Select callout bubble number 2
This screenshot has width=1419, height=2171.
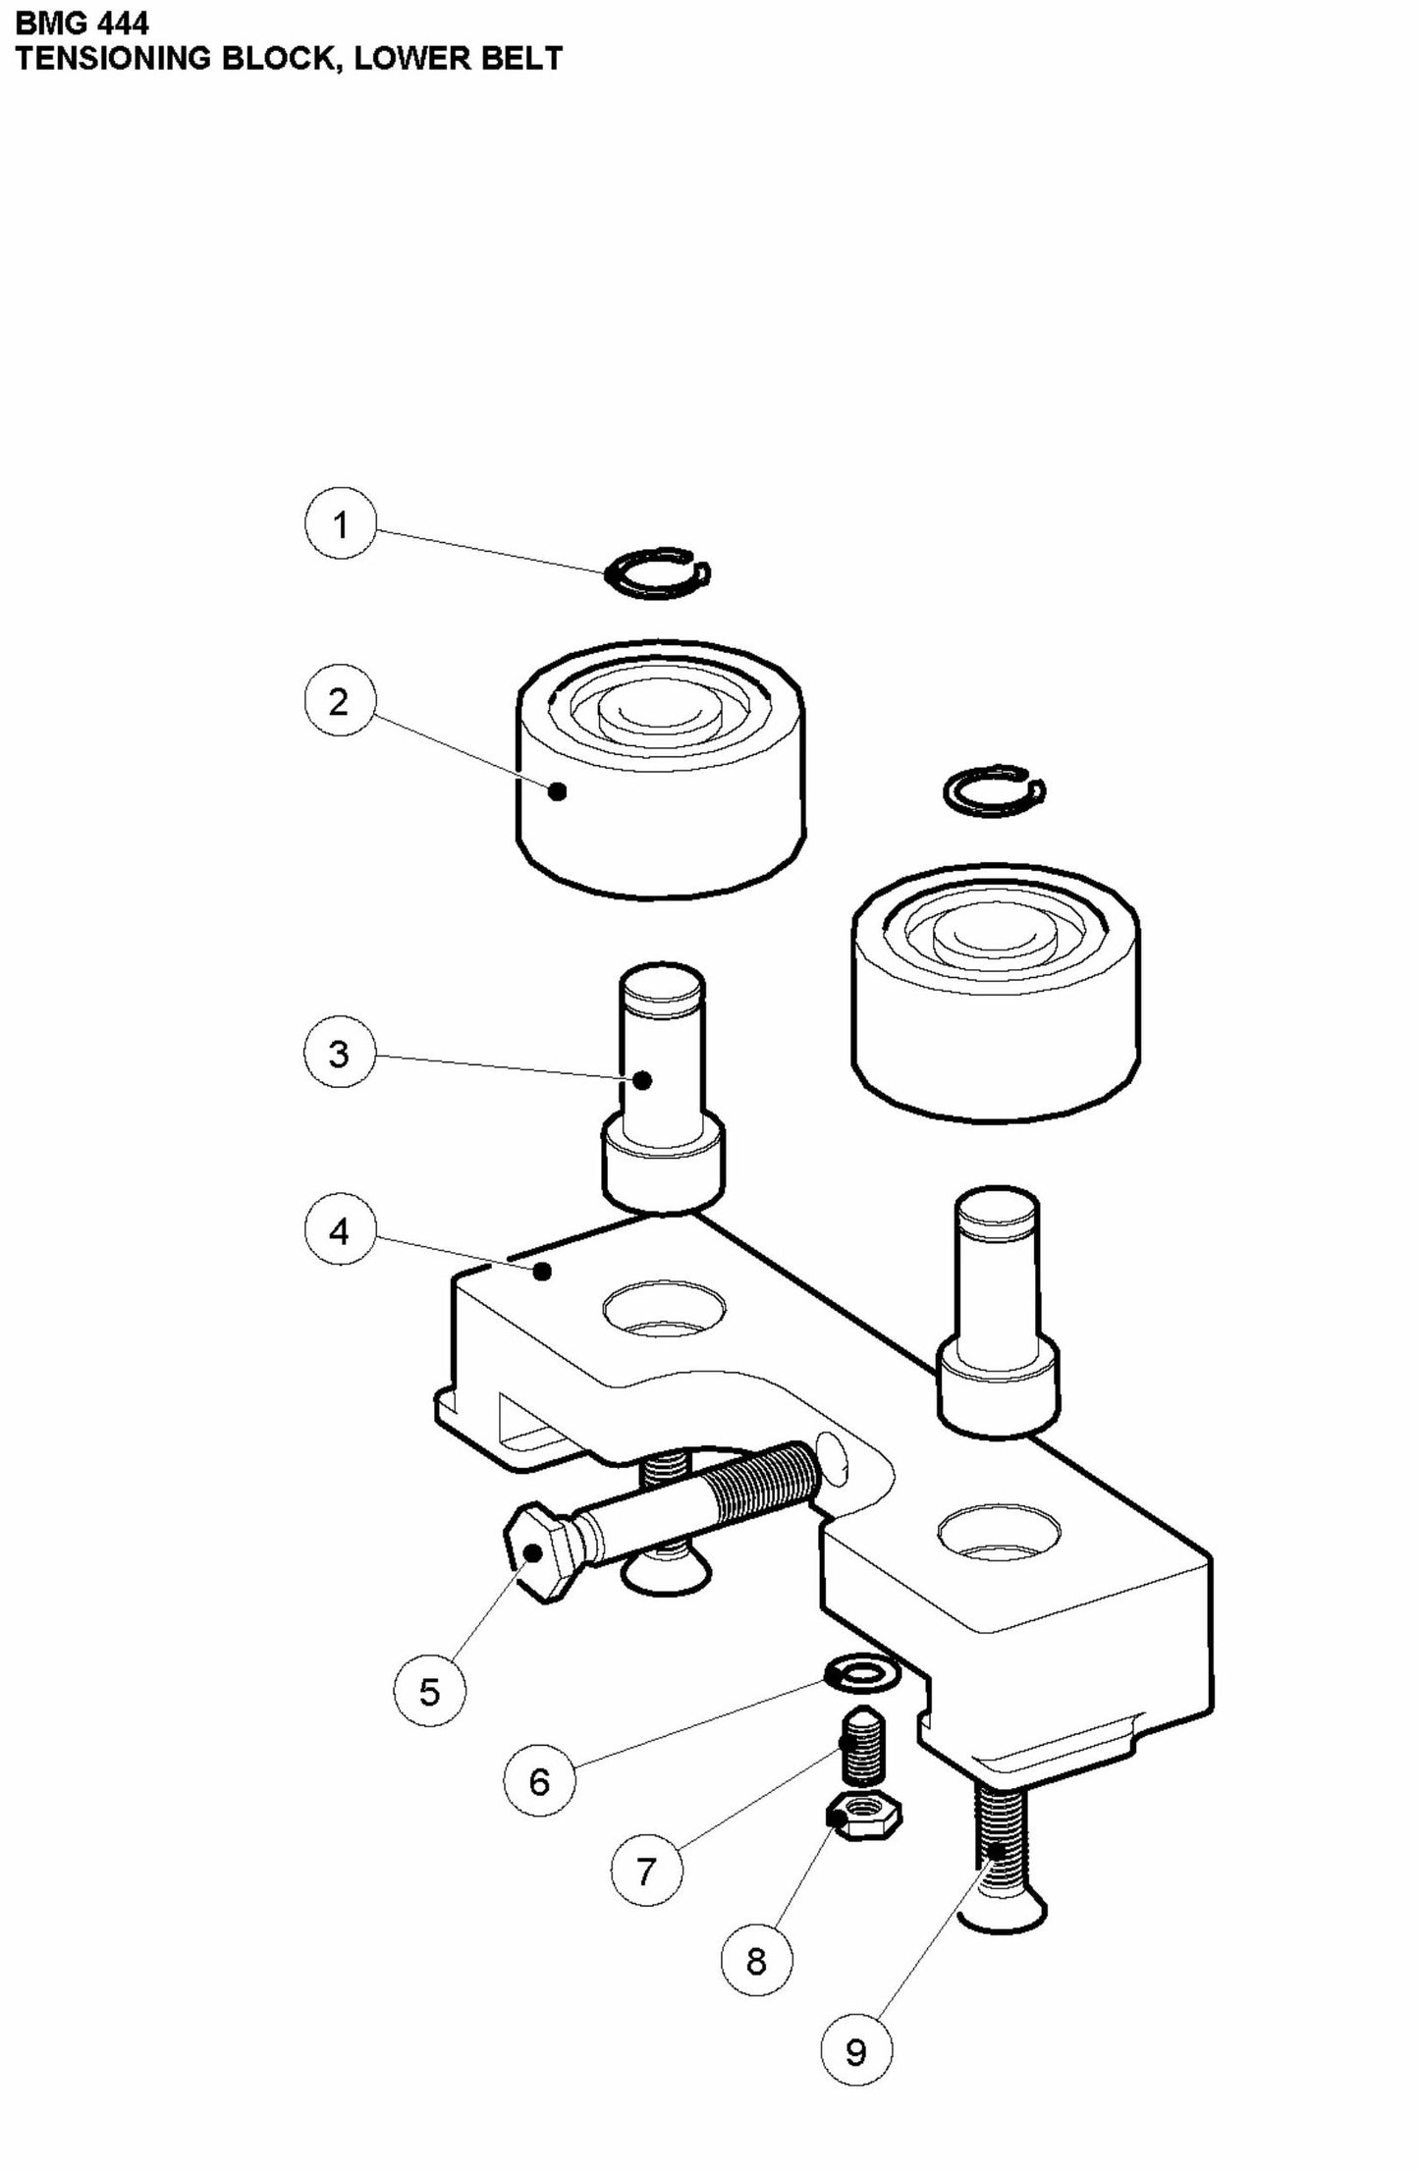tap(339, 701)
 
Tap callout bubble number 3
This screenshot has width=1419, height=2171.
tap(339, 1054)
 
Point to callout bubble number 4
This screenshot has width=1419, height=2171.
tap(340, 1229)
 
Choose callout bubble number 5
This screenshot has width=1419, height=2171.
tap(430, 1691)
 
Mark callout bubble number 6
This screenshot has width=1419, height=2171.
tap(539, 1780)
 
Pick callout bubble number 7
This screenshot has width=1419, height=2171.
tap(645, 1872)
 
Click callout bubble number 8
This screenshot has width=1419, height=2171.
tap(755, 1961)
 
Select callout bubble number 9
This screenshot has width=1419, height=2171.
tap(855, 2050)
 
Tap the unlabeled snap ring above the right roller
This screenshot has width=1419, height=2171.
tap(994, 790)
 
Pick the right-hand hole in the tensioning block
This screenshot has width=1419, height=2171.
tap(999, 1536)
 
